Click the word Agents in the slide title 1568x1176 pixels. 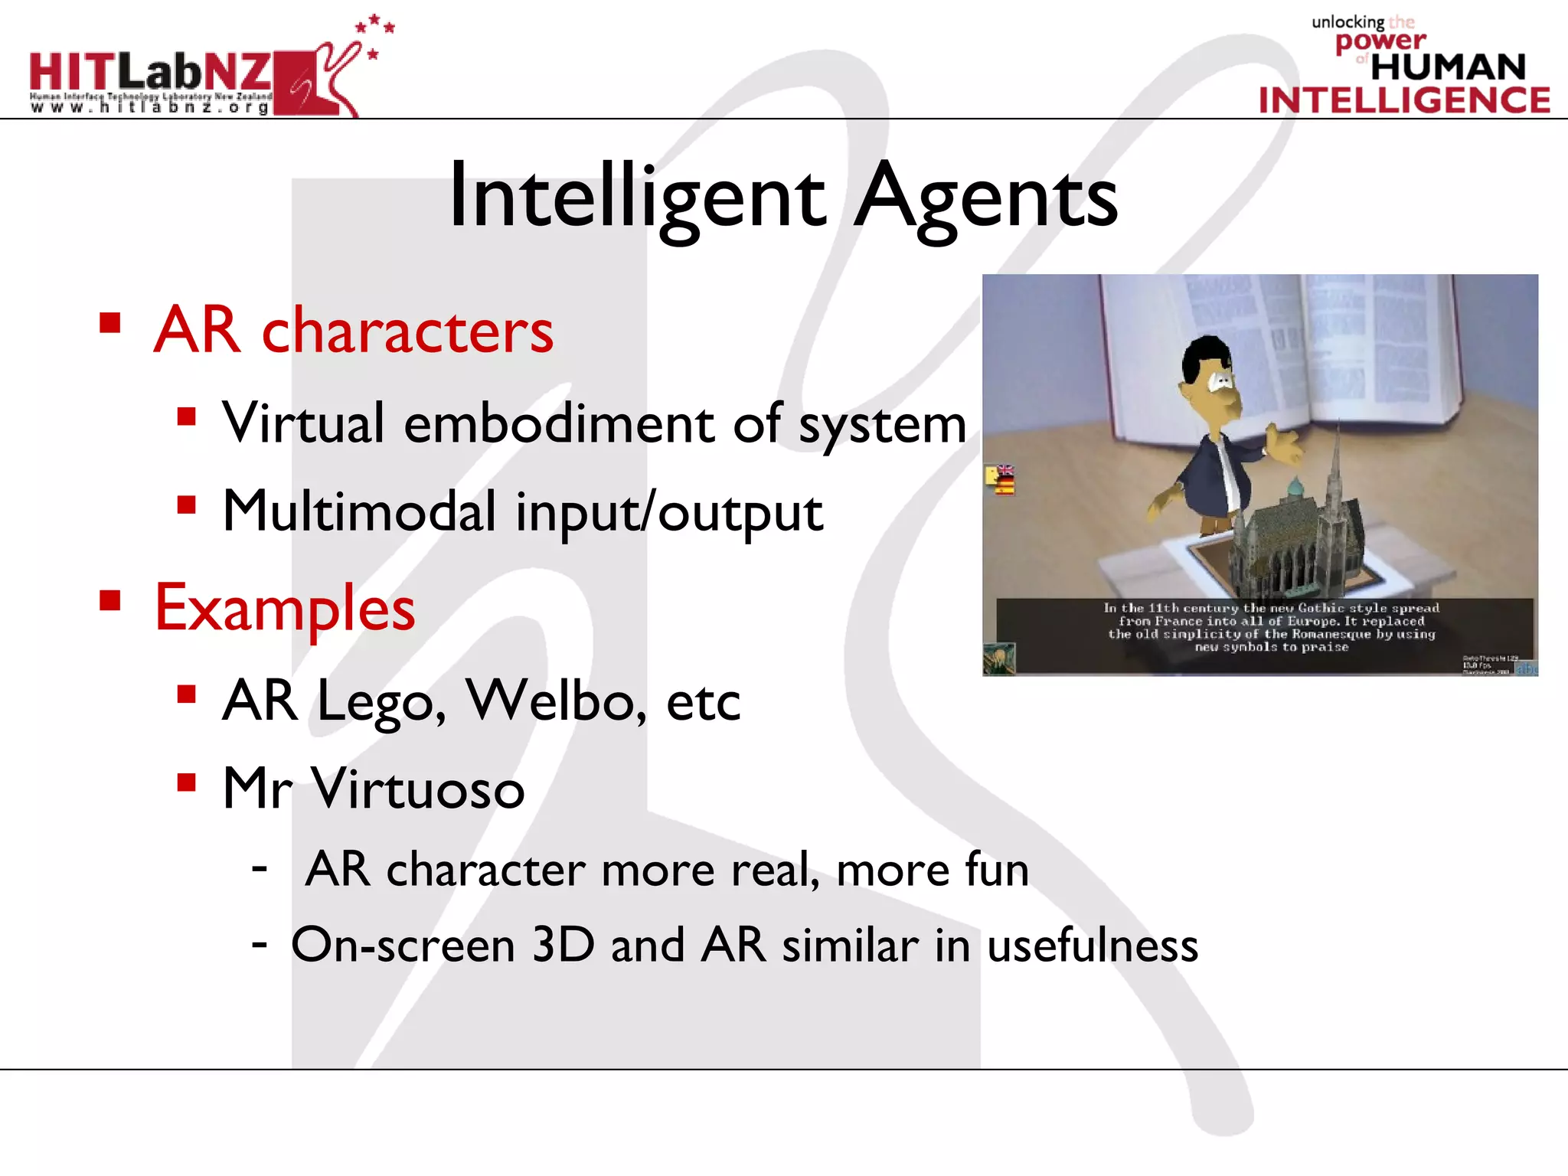(985, 198)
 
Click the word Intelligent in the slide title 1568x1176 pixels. (637, 198)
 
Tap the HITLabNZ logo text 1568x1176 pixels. (151, 73)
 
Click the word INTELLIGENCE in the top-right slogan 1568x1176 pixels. (1404, 100)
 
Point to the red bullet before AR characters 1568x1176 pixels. (110, 323)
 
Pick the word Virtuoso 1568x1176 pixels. (418, 788)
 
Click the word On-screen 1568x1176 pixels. (403, 945)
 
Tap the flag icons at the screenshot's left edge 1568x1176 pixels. (1000, 480)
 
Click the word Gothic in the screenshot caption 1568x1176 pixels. (1321, 608)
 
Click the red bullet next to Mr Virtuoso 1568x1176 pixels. (187, 782)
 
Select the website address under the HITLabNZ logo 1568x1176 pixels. (150, 108)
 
